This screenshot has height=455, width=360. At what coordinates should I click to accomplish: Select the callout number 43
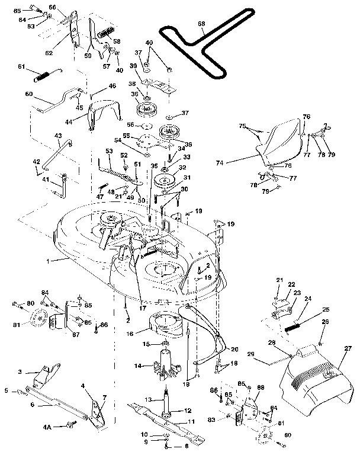(x=58, y=136)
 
